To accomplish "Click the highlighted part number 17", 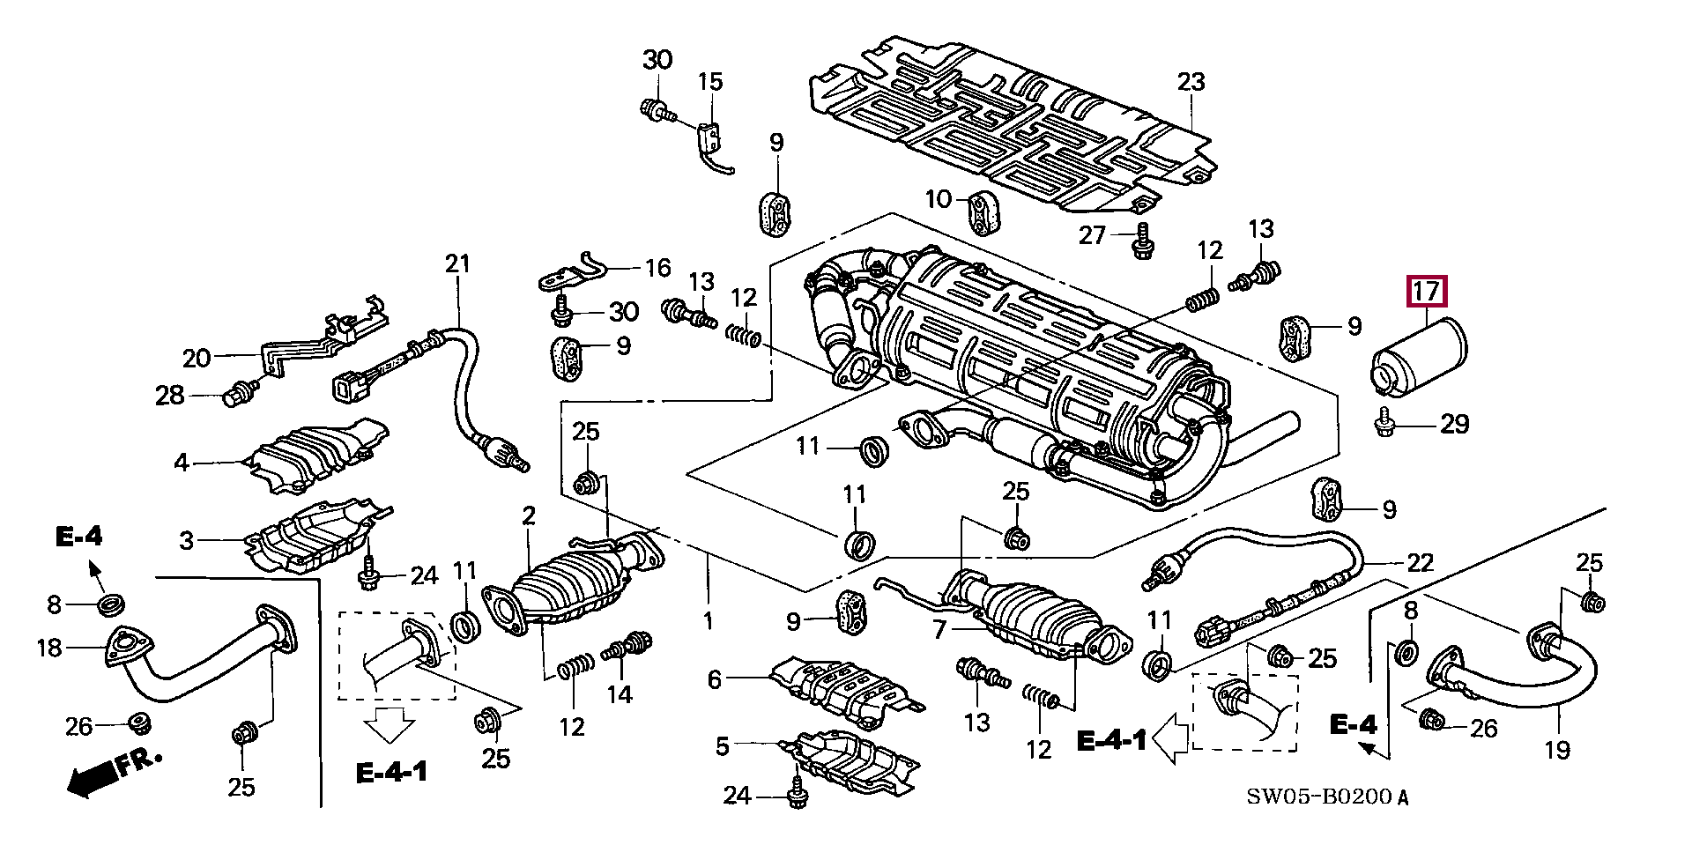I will coord(1427,292).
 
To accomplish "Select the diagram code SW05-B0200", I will coord(1327,798).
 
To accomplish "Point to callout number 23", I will coord(1190,82).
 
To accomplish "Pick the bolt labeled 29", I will coord(1383,425).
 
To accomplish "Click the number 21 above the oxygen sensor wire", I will coord(458,263).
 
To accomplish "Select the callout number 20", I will coord(197,358).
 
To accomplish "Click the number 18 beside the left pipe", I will coord(49,648).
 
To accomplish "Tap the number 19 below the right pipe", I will coord(1557,750).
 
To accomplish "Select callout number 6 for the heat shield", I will coord(714,678).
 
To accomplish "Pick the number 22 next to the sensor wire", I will coord(1420,562).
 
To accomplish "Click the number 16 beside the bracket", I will coord(657,267).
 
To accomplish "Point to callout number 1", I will coord(708,621).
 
